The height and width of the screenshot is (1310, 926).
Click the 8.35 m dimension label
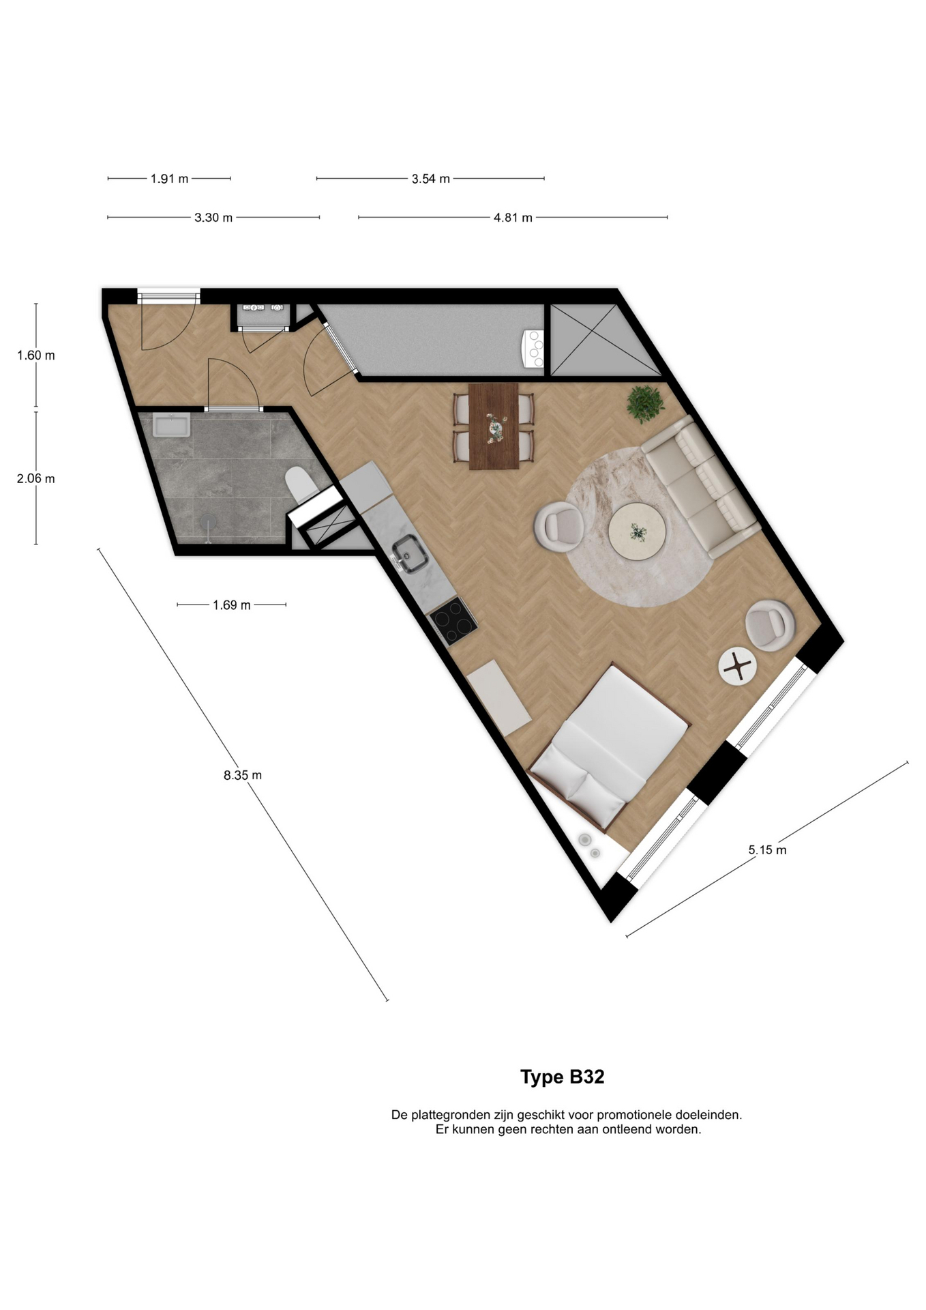(x=243, y=775)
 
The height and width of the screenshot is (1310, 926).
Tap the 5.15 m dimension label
(x=767, y=850)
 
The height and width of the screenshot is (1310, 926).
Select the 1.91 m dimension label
(x=169, y=179)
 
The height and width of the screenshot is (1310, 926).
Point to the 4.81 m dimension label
(x=513, y=218)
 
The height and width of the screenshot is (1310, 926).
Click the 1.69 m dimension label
(x=232, y=605)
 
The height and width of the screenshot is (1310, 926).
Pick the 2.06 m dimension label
(x=36, y=479)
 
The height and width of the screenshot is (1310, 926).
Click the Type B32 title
(x=562, y=1077)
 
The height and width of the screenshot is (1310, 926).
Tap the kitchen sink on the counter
(x=410, y=553)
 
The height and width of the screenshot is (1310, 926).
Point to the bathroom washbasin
(x=171, y=426)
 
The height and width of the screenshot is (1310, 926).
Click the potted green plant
(x=644, y=403)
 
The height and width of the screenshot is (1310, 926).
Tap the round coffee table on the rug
(x=637, y=532)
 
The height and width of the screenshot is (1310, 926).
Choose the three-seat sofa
(x=700, y=487)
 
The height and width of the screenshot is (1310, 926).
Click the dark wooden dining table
(x=494, y=426)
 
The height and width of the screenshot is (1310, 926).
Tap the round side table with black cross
(x=737, y=666)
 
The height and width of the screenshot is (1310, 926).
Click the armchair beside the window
(x=770, y=625)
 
